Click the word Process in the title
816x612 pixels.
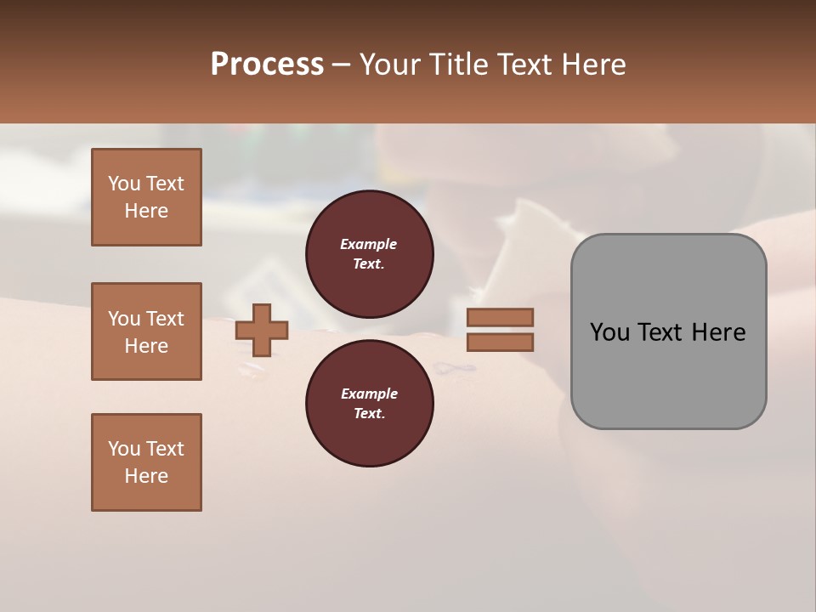click(267, 65)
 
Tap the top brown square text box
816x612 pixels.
click(146, 197)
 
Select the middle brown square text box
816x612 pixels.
click(146, 331)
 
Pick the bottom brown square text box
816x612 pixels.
click(146, 462)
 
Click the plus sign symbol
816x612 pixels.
click(262, 329)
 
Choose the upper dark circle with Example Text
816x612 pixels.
click(369, 254)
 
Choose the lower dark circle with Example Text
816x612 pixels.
click(369, 404)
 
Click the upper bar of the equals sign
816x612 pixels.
click(500, 317)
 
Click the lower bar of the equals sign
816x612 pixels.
click(500, 342)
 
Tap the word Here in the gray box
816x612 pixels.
click(718, 332)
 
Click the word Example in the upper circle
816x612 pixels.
click(368, 244)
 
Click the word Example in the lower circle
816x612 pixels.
click(369, 394)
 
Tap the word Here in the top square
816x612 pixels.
click(146, 211)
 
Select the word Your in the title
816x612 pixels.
click(389, 65)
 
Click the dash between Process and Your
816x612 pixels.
click(342, 65)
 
